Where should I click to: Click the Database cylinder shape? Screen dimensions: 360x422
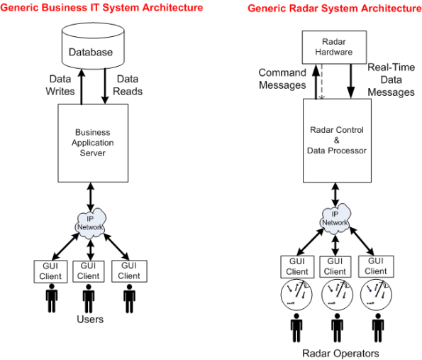coord(90,49)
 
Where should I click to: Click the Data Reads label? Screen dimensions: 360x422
coord(129,85)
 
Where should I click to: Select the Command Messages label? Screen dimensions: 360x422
coord(282,79)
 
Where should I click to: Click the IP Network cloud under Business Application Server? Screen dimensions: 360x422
coord(90,220)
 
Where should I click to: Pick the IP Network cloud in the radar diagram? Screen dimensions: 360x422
coord(335,218)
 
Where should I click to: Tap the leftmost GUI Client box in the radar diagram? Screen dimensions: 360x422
coord(296,266)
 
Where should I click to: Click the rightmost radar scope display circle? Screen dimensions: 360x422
coord(376,294)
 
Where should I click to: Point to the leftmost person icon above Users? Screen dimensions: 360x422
coord(49,298)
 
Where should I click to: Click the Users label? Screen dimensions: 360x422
coord(90,320)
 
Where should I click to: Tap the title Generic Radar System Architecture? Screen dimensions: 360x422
coord(334,8)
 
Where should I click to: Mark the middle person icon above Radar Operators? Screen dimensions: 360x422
coord(336,329)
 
